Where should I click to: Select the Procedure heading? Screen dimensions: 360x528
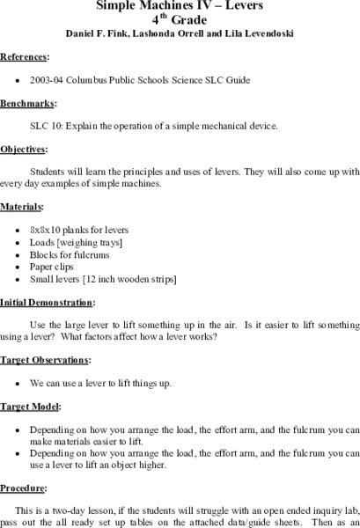(x=24, y=487)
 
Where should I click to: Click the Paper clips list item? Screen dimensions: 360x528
(x=55, y=267)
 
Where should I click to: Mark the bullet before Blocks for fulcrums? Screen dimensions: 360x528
(x=18, y=254)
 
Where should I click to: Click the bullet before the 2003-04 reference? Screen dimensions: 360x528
(x=18, y=79)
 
